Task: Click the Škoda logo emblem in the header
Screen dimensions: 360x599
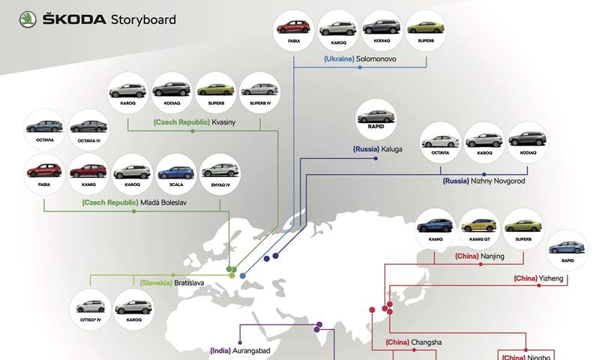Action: [x=28, y=19]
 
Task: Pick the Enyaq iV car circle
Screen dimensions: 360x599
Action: [x=220, y=173]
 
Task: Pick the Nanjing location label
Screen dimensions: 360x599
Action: [x=480, y=256]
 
